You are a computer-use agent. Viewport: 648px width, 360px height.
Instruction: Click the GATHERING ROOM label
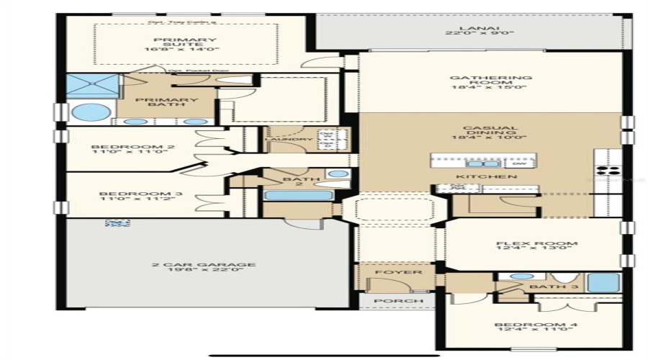(x=490, y=81)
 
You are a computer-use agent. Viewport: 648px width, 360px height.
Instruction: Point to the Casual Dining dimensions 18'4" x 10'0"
(x=490, y=137)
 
